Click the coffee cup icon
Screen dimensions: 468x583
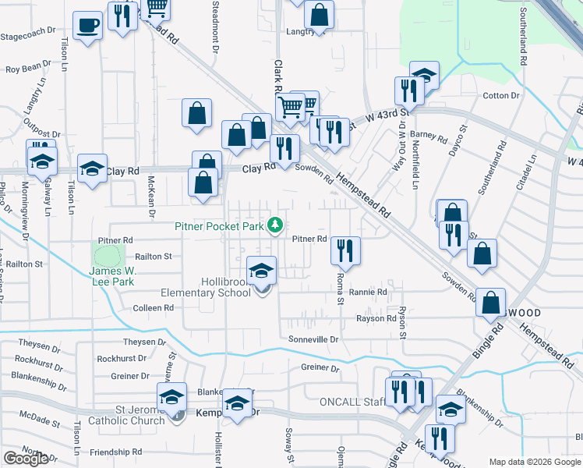click(87, 25)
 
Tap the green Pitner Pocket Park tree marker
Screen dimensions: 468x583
click(274, 225)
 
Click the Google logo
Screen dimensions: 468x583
click(26, 459)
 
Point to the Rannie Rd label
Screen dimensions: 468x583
click(368, 292)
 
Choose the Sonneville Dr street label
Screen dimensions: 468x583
click(313, 339)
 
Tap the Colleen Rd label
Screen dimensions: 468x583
click(153, 308)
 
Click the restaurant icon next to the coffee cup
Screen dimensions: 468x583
click(122, 16)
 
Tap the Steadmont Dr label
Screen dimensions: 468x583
click(215, 23)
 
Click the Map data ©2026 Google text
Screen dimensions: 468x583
click(535, 462)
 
